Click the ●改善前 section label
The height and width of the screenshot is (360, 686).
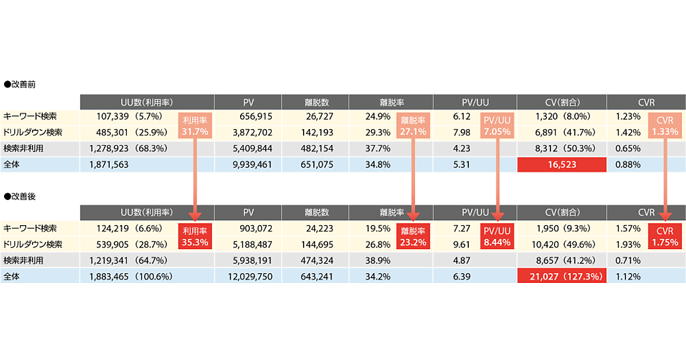[20, 84]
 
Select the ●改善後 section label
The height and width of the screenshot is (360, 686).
[20, 196]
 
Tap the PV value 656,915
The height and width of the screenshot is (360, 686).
[254, 116]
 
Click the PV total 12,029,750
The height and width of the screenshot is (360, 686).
[249, 277]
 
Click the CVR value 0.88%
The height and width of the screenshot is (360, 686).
[628, 165]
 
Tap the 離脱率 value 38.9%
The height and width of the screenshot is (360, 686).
[377, 261]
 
